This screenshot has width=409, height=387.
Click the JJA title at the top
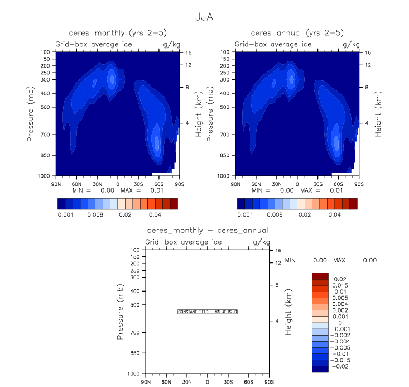[x=204, y=17]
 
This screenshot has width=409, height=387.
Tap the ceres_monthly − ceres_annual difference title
[x=207, y=230]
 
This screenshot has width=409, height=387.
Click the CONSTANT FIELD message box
[x=208, y=312]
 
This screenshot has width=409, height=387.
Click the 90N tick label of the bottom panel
[x=145, y=381]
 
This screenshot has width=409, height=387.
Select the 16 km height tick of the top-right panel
[x=368, y=52]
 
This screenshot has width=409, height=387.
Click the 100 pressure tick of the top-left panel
[x=46, y=52]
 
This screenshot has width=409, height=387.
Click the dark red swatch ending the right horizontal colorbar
[x=353, y=204]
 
